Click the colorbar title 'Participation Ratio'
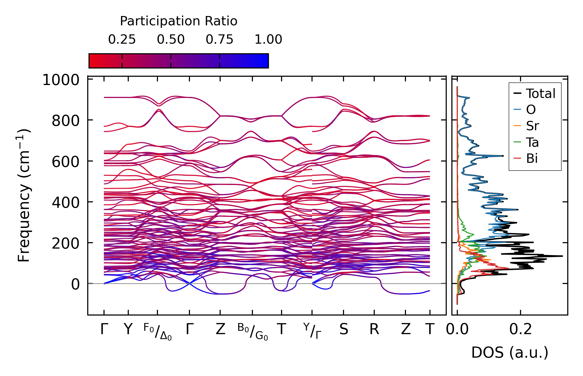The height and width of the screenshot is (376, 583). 179,21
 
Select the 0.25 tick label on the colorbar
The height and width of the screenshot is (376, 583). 122,40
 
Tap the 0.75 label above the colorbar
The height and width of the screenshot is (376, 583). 219,40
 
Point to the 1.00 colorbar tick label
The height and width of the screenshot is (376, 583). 268,40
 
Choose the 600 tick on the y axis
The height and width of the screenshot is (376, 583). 66,162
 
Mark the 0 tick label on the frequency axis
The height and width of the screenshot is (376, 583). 75,284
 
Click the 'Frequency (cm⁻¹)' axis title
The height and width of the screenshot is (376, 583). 24,195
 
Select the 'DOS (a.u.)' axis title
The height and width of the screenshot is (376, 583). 510,352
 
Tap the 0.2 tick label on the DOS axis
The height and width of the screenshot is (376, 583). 520,329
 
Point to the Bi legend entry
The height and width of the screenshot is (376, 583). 532,158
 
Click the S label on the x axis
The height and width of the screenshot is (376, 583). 344,329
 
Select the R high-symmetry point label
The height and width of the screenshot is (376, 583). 374,329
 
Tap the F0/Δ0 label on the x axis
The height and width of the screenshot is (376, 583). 157,331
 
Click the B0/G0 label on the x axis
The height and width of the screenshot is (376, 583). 252,331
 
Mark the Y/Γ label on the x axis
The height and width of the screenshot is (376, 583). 312,331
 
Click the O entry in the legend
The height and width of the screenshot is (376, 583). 531,110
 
